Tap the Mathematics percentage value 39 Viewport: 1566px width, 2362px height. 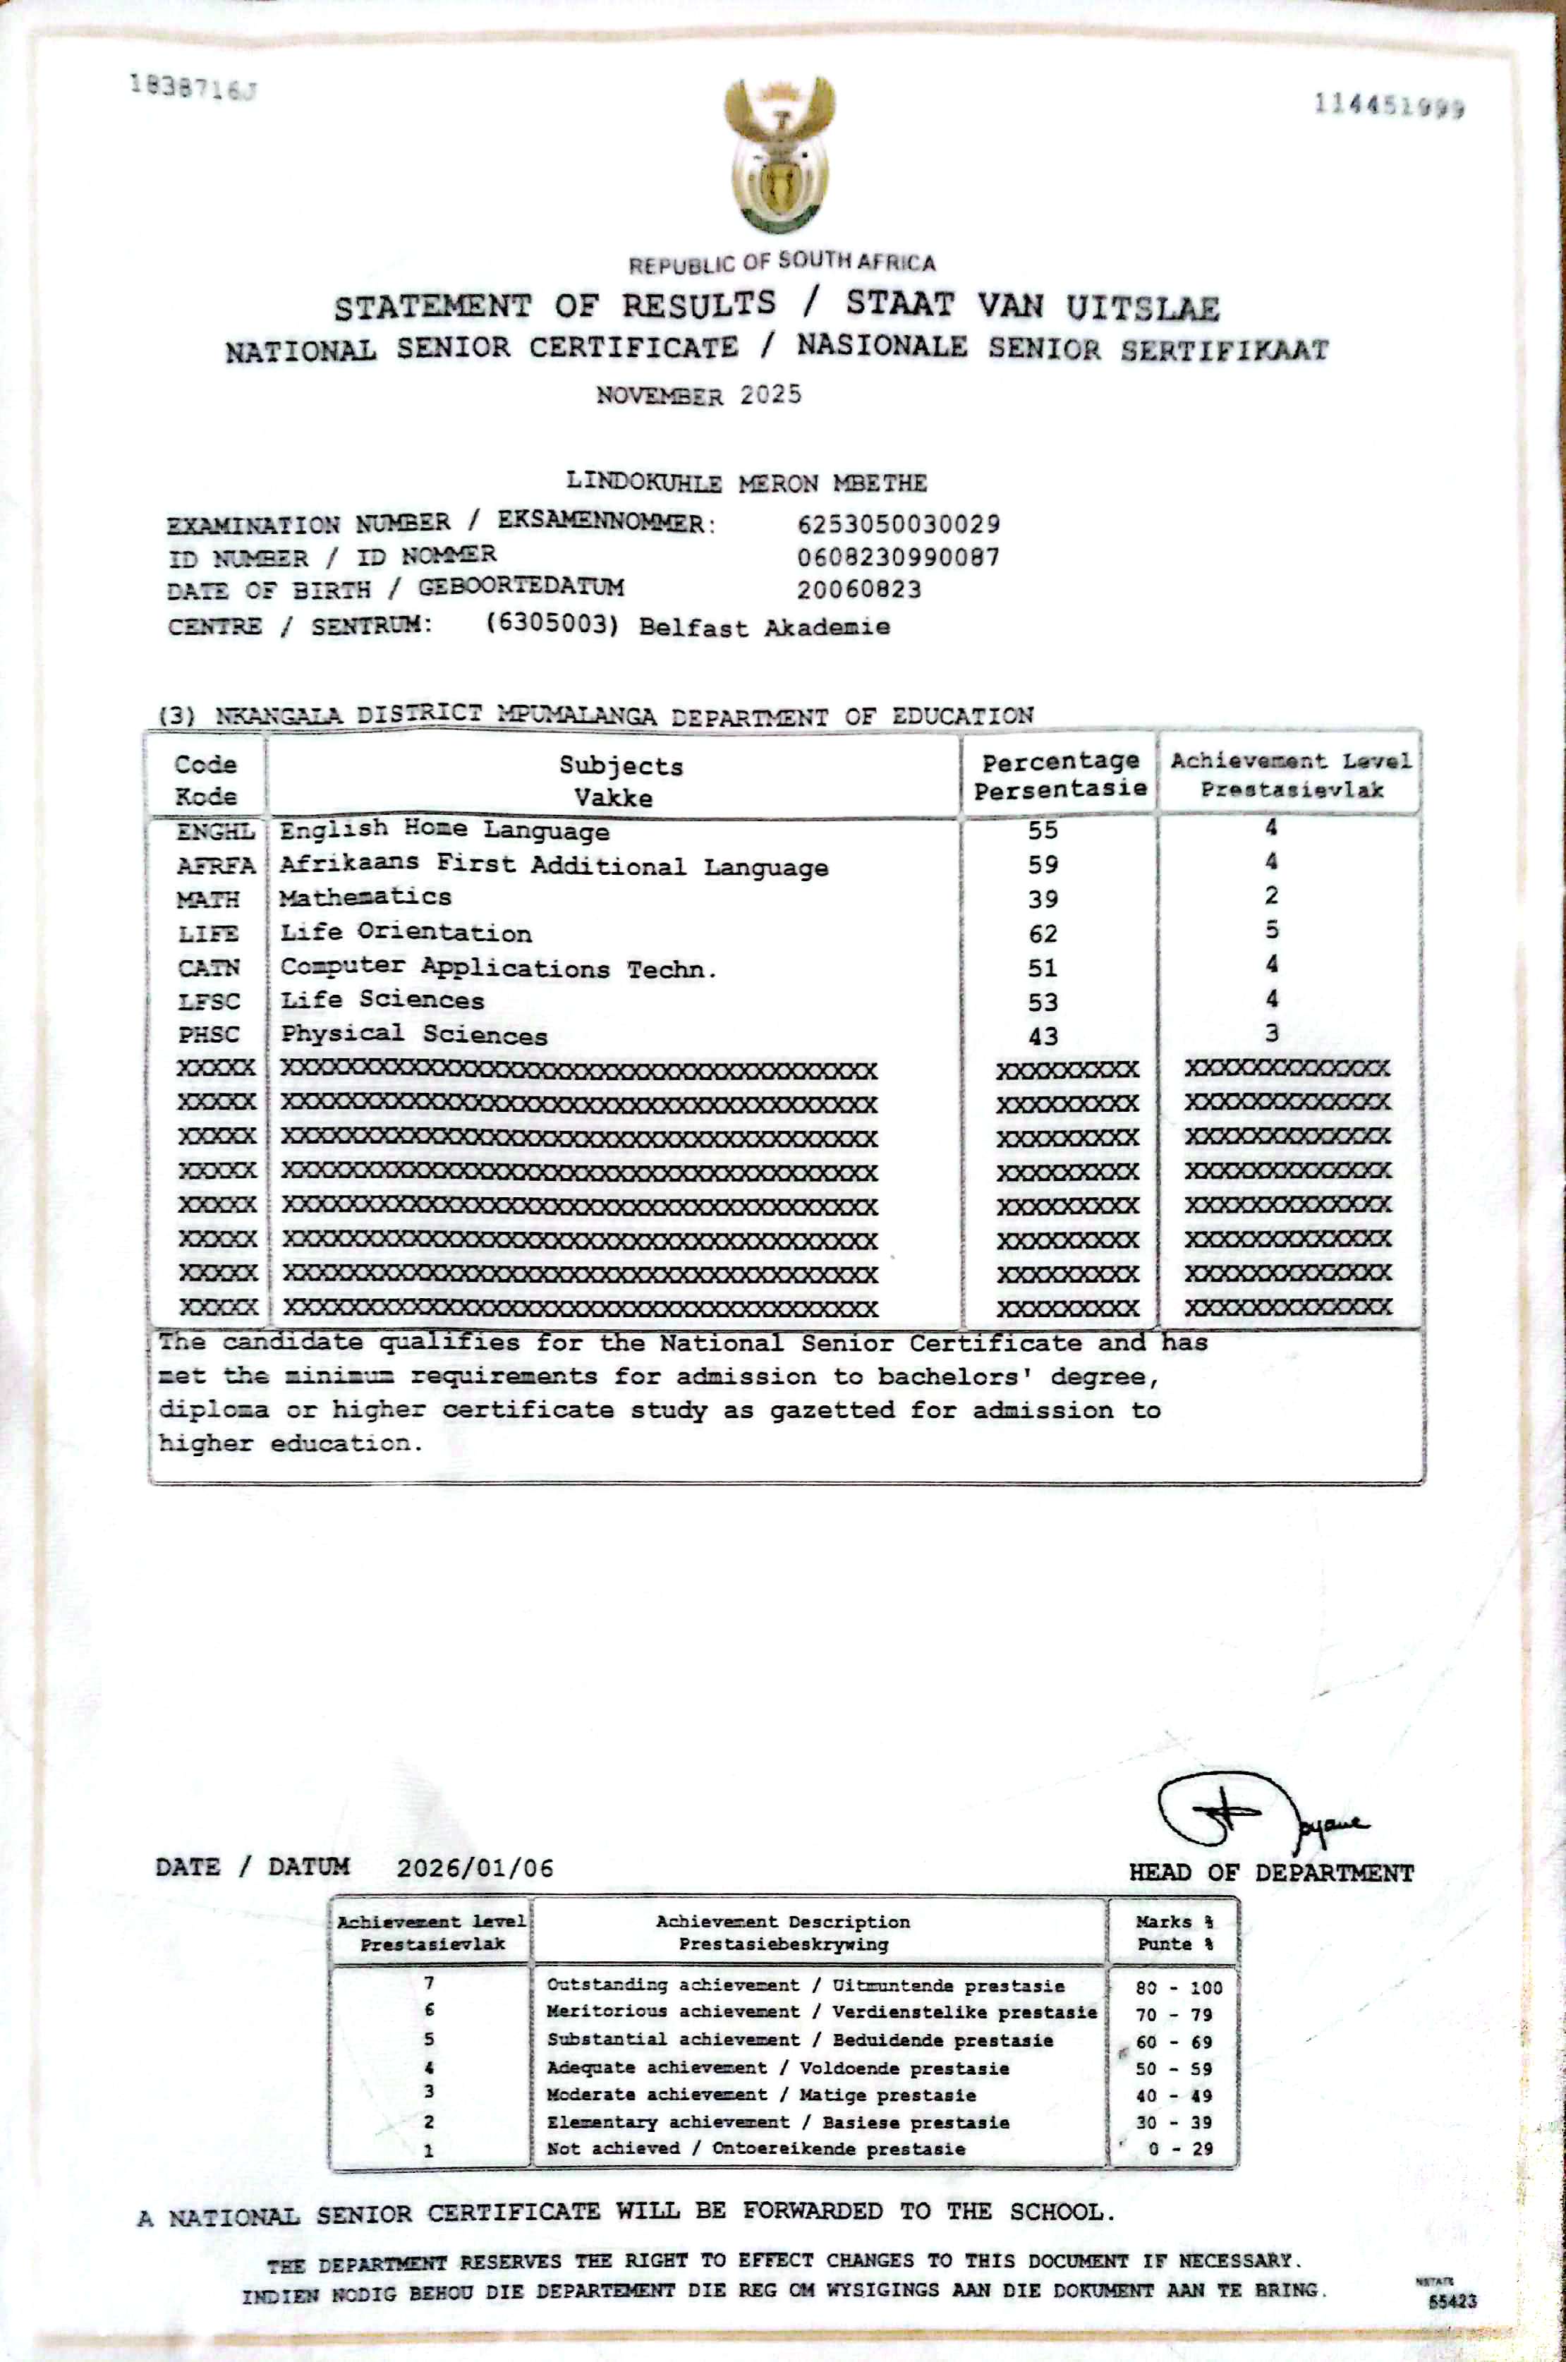[x=1043, y=899]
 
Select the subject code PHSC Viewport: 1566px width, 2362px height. [x=209, y=1035]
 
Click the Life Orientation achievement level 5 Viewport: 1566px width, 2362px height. [x=1271, y=930]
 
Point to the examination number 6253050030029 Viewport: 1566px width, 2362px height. [x=899, y=523]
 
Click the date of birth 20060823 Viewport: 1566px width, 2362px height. [x=859, y=589]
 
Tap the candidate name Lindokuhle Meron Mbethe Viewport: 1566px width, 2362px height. [x=746, y=483]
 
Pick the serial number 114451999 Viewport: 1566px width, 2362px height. [x=1389, y=106]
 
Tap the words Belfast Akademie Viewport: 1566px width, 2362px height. [x=764, y=627]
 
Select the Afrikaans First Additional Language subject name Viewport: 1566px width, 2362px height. [x=553, y=865]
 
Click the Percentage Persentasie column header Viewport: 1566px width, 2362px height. [x=1060, y=776]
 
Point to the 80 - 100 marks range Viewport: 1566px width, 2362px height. [x=1179, y=1987]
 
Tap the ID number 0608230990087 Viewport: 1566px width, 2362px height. [x=898, y=557]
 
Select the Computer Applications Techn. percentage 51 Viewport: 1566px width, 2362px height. [x=1043, y=968]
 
